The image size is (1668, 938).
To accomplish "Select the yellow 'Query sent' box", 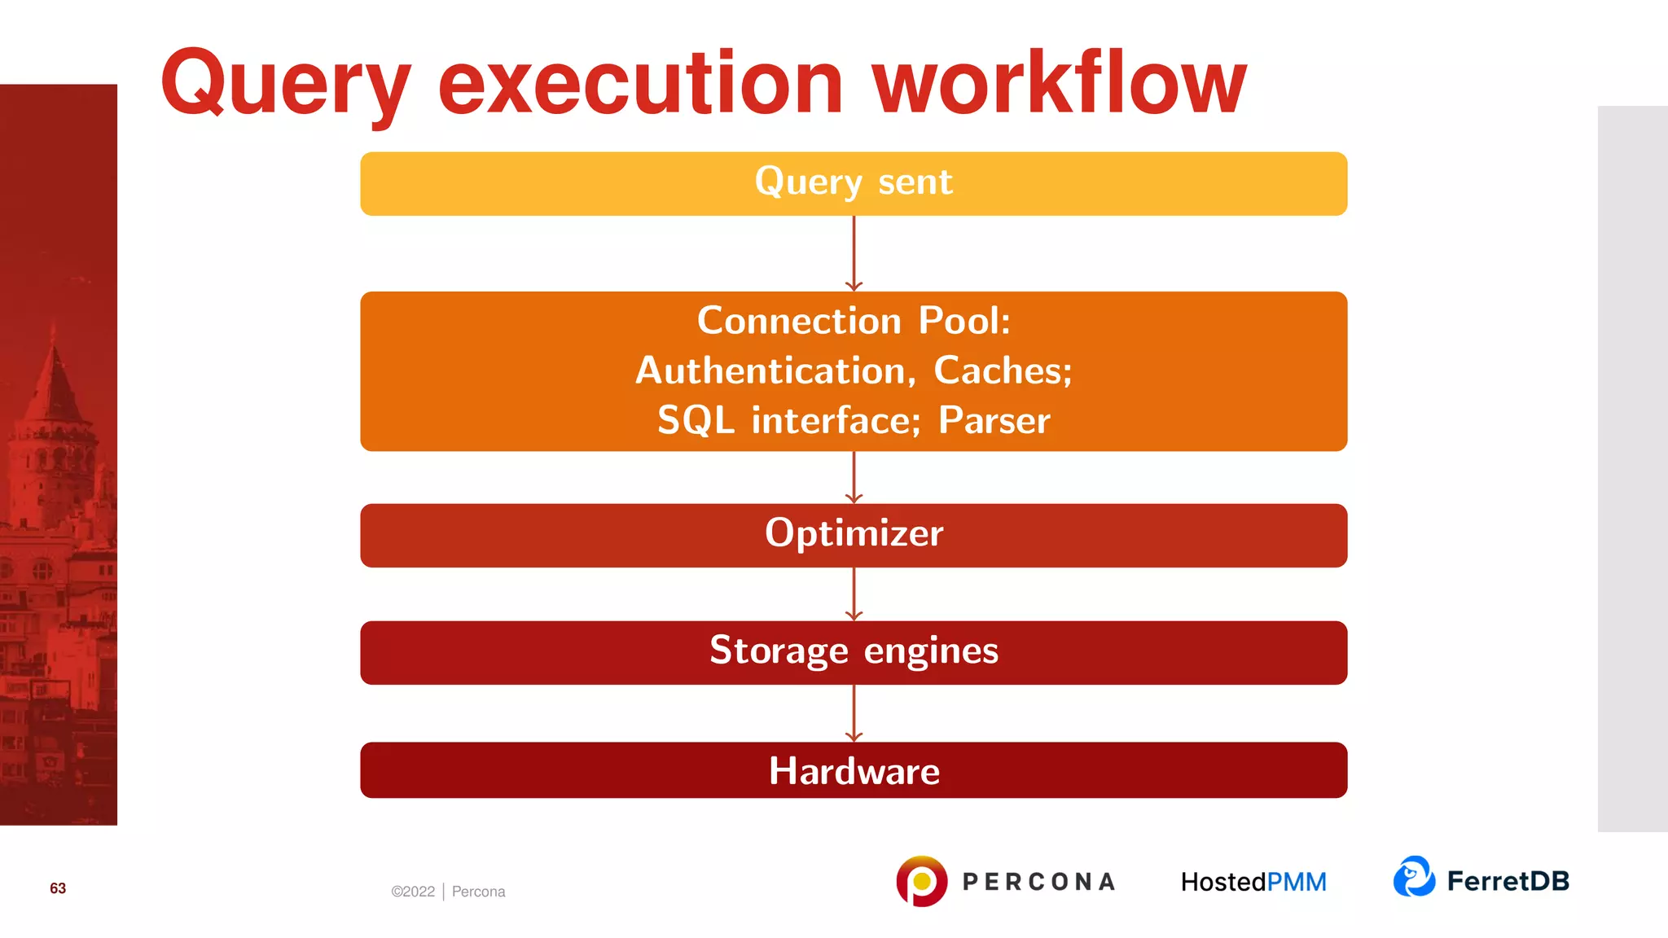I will pos(854,183).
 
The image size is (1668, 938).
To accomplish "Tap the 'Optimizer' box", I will pos(854,535).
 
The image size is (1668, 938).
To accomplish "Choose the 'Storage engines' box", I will pos(854,652).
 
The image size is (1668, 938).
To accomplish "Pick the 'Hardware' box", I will pos(854,770).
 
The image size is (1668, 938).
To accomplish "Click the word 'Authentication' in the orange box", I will pos(770,371).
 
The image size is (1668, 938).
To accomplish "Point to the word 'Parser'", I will pos(994,421).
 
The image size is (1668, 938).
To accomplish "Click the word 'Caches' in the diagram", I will pos(1001,371).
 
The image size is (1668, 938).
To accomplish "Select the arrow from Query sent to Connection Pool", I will pos(854,253).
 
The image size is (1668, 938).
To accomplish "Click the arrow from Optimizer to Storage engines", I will pos(854,594).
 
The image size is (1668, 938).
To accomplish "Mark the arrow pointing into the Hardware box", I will pos(854,713).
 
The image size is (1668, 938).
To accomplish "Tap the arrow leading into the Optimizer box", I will pos(854,477).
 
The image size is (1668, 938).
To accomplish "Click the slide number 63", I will pos(58,888).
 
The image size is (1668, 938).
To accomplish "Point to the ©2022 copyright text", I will pos(413,892).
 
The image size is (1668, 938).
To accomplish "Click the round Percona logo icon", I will pos(921,881).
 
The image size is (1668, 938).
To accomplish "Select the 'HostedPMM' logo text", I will pos(1253,882).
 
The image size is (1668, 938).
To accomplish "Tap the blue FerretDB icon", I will pos(1414,877).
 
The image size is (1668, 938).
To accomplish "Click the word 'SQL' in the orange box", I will pos(696,421).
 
